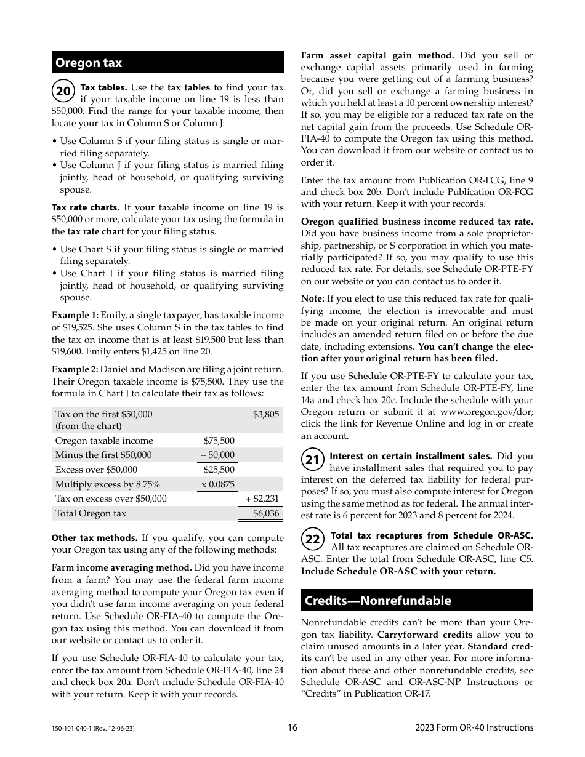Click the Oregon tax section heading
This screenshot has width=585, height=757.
[89, 63]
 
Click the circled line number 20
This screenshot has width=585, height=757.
[63, 92]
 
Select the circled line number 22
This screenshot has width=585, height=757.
[313, 539]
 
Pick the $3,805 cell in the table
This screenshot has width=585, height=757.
[265, 414]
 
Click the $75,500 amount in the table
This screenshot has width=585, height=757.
[219, 441]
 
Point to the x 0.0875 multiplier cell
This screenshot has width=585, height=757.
[218, 484]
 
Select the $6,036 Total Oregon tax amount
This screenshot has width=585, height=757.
[265, 513]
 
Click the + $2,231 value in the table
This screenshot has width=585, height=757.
[262, 499]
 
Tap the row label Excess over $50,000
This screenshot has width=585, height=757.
[96, 470]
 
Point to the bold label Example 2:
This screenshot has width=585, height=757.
[75, 369]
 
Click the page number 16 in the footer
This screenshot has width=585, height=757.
[292, 727]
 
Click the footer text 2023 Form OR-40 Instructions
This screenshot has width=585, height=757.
[474, 727]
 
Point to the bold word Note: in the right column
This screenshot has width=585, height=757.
[312, 299]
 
